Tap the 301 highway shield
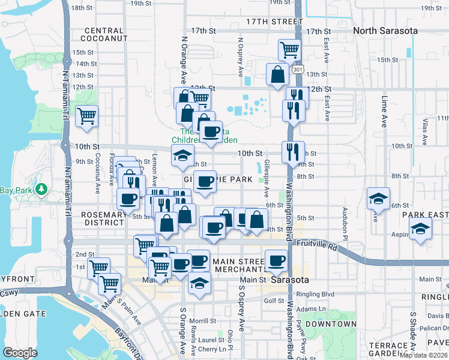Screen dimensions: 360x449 (x=298, y=70)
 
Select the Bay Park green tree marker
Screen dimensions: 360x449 (x=41, y=190)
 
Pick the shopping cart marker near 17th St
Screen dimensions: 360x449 (x=289, y=50)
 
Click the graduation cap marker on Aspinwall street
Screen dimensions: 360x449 (x=420, y=229)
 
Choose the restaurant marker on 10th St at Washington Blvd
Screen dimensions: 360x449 (x=293, y=151)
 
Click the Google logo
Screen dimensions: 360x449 (x=20, y=352)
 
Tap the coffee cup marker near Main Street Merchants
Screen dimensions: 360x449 (x=276, y=260)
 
